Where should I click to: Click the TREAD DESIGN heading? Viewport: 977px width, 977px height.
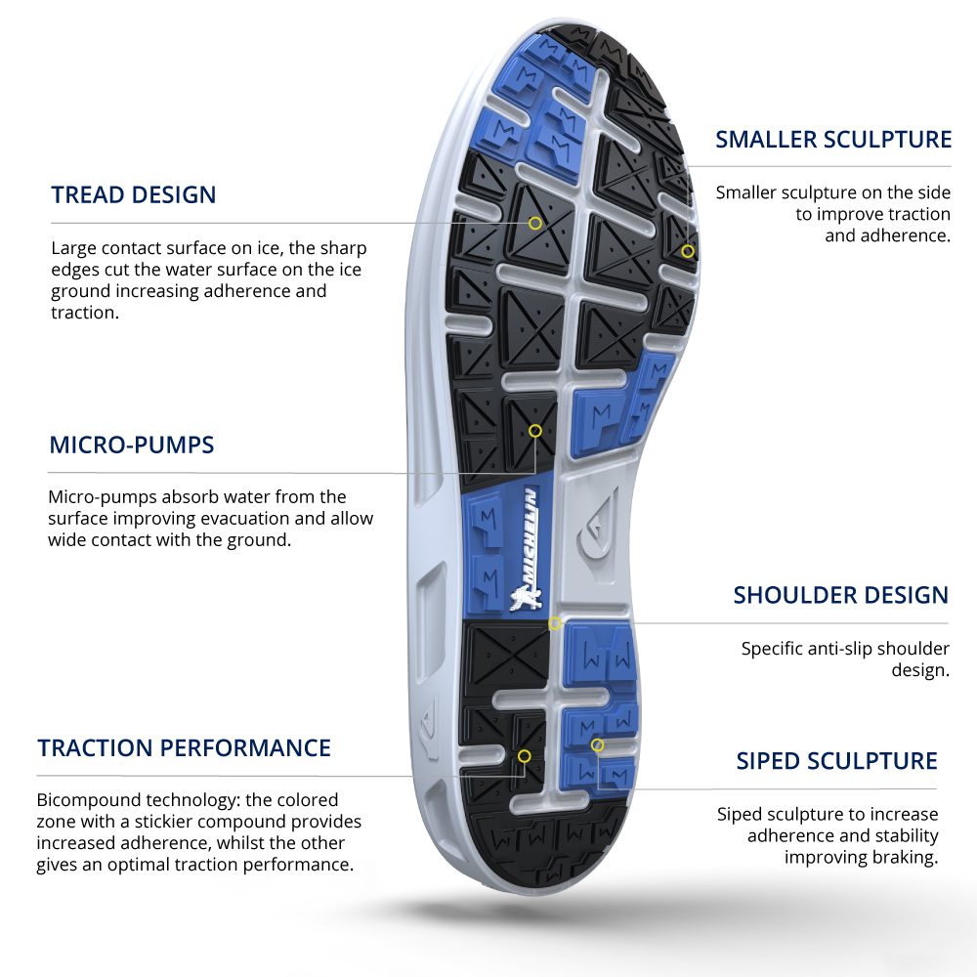133,194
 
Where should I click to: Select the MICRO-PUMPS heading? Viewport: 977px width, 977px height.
131,446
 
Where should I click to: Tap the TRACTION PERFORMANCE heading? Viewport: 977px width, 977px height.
184,748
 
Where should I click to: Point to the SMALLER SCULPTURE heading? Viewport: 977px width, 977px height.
833,140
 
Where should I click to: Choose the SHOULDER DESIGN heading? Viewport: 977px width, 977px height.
840,595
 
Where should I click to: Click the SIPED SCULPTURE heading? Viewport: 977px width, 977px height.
836,761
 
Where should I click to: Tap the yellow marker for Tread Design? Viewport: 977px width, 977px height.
535,223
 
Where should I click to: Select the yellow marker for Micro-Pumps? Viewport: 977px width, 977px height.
535,430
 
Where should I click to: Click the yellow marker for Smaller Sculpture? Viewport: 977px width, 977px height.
688,251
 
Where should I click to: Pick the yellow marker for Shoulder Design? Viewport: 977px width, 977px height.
554,623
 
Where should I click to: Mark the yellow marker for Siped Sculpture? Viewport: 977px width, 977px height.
597,745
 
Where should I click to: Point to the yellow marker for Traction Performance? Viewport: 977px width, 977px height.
525,755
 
